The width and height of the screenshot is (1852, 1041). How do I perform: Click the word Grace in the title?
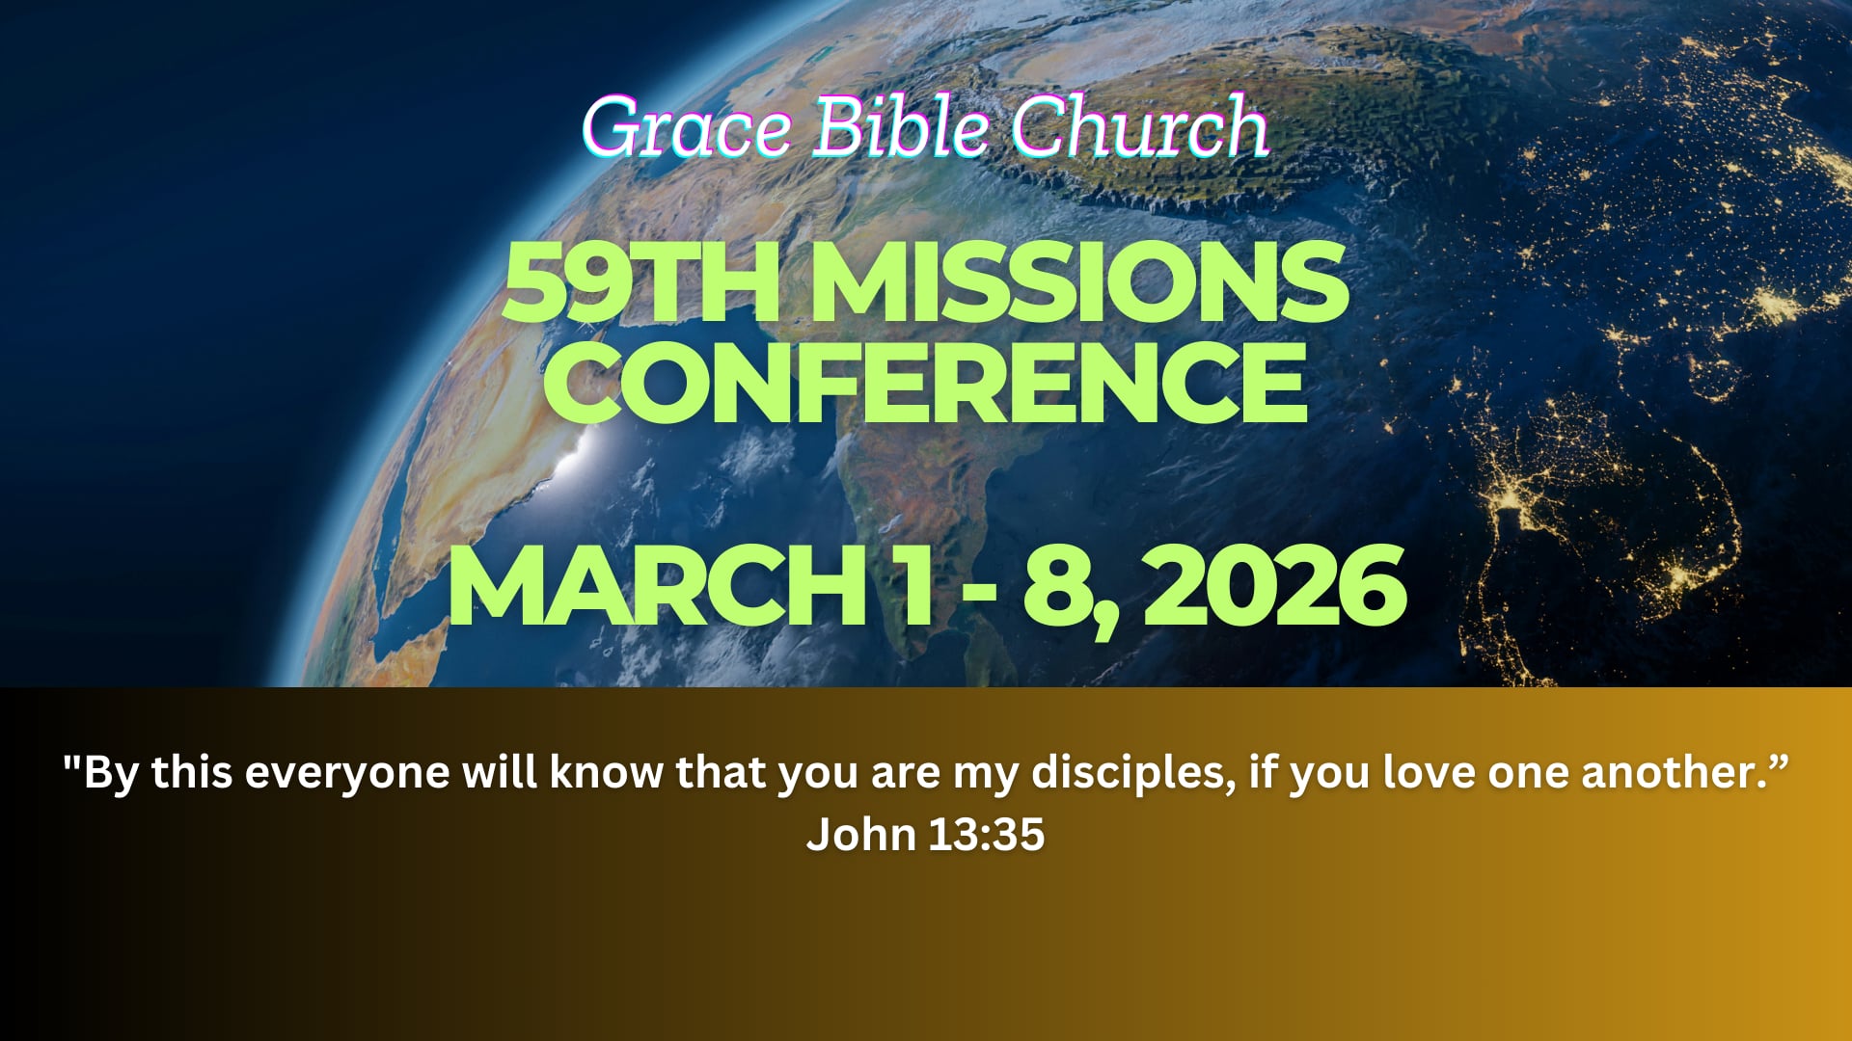pyautogui.click(x=686, y=129)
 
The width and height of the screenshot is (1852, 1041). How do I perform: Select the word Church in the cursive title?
pyautogui.click(x=1139, y=127)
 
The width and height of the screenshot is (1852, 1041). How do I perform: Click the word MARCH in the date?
pyautogui.click(x=656, y=586)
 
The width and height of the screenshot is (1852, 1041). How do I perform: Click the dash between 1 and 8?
pyautogui.click(x=979, y=590)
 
